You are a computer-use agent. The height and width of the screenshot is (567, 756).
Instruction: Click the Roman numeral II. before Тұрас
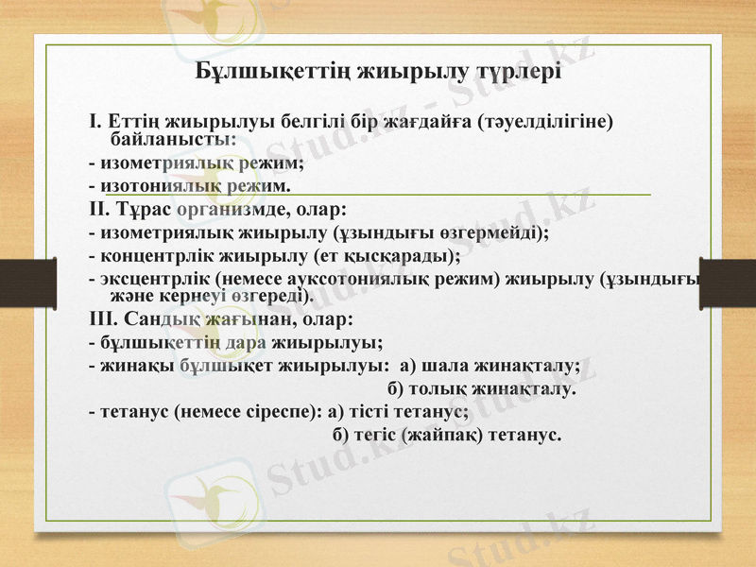pos(98,207)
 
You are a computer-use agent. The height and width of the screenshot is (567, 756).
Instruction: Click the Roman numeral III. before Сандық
pos(102,318)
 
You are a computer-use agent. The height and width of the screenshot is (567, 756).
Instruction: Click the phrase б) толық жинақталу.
pos(482,388)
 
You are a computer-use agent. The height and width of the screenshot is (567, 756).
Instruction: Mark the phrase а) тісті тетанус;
pos(395,412)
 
